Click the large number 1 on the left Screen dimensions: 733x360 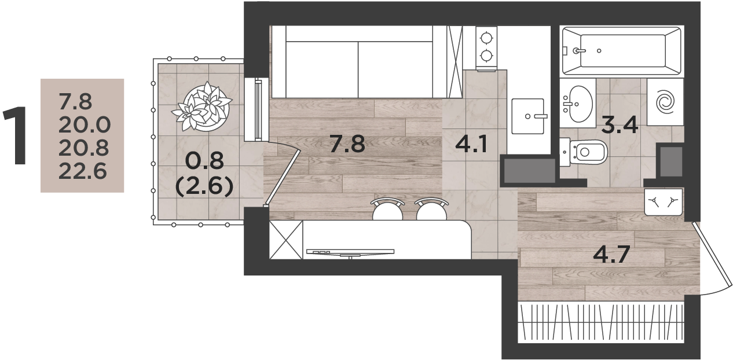point(15,135)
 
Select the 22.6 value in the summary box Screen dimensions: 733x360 point(83,171)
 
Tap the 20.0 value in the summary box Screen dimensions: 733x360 point(85,124)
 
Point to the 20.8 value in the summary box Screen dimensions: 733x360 point(83,148)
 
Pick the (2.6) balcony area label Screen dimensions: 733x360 point(204,186)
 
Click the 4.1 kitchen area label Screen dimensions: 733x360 point(471,144)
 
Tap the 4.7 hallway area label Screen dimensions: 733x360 point(611,255)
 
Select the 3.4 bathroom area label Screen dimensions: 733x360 point(620,125)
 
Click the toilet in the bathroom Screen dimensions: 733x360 point(584,152)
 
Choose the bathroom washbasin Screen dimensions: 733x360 point(578,104)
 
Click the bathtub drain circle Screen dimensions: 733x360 point(599,51)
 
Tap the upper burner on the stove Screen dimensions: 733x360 point(486,38)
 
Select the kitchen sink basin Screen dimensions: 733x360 point(527,116)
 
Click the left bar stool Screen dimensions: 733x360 point(387,210)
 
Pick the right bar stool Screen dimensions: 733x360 point(431,210)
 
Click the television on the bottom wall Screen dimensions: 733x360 point(350,252)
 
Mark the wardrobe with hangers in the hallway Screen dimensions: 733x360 point(601,322)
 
